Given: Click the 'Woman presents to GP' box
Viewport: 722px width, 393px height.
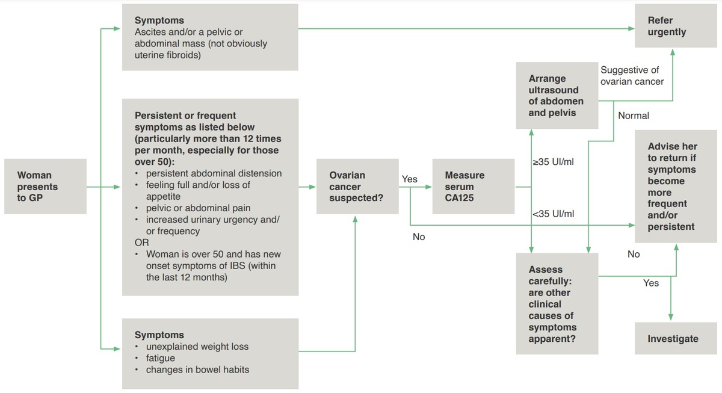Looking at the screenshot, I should pyautogui.click(x=45, y=187).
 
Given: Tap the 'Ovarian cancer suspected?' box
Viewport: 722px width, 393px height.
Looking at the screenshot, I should pyautogui.click(x=357, y=187).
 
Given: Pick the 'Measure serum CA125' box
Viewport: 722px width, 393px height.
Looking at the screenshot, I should pyautogui.click(x=474, y=187).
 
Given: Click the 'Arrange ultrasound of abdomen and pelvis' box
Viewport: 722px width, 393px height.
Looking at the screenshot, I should pyautogui.click(x=557, y=95).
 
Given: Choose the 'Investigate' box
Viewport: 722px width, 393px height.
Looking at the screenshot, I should pyautogui.click(x=672, y=339).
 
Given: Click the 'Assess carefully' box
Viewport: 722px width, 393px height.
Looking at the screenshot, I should pyautogui.click(x=557, y=304).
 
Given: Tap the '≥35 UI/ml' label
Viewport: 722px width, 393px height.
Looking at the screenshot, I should pyautogui.click(x=553, y=162).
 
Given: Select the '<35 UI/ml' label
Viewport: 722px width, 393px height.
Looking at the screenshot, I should pyautogui.click(x=553, y=214).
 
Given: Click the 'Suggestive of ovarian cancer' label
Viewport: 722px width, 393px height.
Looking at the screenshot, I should pyautogui.click(x=631, y=76).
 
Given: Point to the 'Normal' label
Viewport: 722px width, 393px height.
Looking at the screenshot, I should pyautogui.click(x=634, y=116).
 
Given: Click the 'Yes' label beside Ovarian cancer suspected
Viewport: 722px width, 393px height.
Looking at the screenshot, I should pyautogui.click(x=409, y=179).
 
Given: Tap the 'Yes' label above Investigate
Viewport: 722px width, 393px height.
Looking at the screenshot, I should pyautogui.click(x=651, y=283).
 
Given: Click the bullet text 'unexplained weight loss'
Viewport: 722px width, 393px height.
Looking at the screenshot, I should pyautogui.click(x=197, y=347).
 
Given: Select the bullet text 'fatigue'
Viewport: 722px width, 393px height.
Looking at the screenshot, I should pyautogui.click(x=160, y=358).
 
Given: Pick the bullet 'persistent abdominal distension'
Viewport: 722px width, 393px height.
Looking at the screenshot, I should pyautogui.click(x=214, y=173).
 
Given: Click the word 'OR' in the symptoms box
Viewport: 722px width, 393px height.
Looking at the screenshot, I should pyautogui.click(x=141, y=243).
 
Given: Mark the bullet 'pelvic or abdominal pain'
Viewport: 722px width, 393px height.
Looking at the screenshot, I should pyautogui.click(x=198, y=208).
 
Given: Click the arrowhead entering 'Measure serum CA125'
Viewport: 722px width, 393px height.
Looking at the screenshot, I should pyautogui.click(x=429, y=187).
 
